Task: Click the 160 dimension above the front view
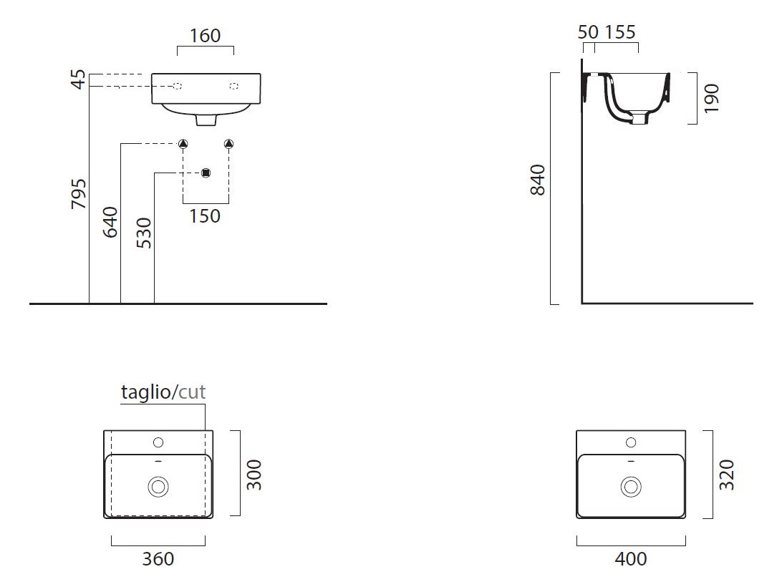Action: (205, 36)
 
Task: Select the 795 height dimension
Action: (79, 193)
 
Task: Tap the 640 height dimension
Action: (110, 222)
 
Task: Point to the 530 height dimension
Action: (144, 233)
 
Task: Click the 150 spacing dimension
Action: (205, 216)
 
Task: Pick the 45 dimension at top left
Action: (79, 79)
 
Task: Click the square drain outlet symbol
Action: (206, 173)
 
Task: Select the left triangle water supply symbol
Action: (183, 144)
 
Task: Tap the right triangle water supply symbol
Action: (229, 144)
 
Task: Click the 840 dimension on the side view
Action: (538, 180)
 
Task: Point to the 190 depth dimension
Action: (711, 98)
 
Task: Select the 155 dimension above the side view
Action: (620, 32)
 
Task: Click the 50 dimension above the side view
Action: (588, 32)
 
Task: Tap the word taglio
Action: (145, 392)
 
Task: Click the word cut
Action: (192, 392)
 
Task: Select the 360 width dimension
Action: (158, 559)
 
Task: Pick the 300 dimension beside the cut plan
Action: (254, 475)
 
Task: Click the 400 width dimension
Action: (631, 559)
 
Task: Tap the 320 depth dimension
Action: (727, 475)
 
